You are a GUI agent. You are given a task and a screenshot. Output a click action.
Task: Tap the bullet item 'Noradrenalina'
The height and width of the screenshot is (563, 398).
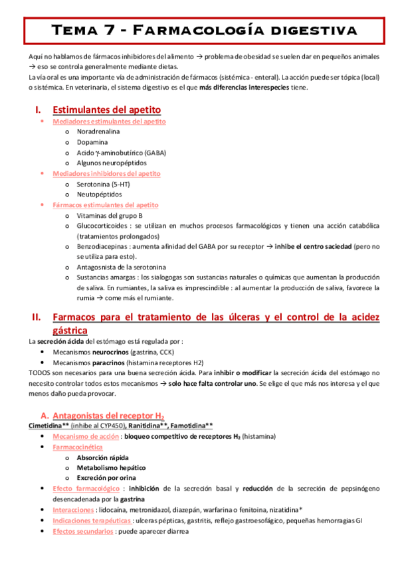(x=98, y=132)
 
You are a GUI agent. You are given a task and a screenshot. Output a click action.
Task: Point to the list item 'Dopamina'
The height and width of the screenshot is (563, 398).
(x=92, y=142)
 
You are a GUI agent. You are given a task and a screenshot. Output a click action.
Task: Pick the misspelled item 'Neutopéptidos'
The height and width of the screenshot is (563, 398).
(x=99, y=195)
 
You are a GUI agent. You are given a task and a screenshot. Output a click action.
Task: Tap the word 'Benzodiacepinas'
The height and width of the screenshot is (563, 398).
(x=103, y=246)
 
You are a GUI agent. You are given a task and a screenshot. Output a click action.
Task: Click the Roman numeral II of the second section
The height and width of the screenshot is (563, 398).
(x=37, y=317)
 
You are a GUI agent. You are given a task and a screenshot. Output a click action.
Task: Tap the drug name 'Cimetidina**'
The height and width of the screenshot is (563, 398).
(x=50, y=426)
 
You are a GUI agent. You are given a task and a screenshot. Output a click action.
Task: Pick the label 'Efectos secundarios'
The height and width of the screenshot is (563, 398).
(x=82, y=531)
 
